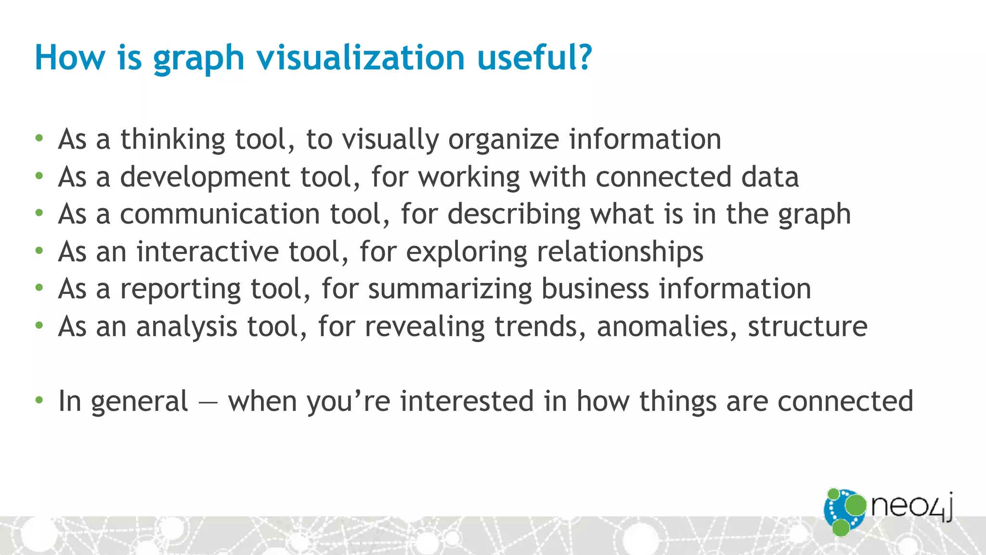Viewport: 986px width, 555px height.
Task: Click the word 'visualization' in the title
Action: tap(360, 58)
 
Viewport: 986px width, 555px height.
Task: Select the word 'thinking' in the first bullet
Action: tap(172, 140)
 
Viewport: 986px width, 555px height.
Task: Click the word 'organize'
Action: tap(503, 140)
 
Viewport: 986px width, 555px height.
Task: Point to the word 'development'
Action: tap(205, 177)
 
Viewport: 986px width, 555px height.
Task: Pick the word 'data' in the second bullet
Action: tap(770, 177)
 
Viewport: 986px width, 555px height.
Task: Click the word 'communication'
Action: tap(220, 214)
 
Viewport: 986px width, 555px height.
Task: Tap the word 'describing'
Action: tap(514, 214)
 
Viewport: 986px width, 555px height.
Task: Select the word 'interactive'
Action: tap(207, 251)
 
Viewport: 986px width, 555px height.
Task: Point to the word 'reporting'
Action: tap(180, 290)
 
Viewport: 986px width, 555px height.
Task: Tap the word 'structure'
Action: tap(807, 327)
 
